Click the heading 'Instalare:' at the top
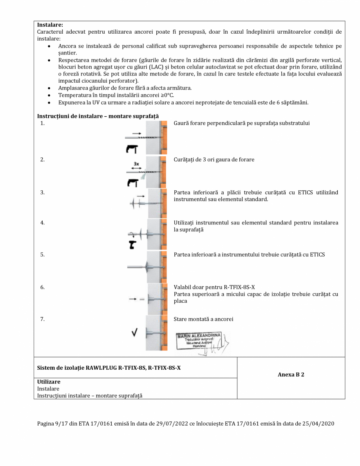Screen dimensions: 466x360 click(50, 25)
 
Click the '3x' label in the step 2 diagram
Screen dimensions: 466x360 click(136, 164)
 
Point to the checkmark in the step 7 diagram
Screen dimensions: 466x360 click(136, 333)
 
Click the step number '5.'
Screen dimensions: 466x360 click(42, 255)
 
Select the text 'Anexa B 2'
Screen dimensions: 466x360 click(291, 375)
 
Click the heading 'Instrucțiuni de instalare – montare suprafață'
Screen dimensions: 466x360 click(98, 116)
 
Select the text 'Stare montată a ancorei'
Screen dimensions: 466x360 click(203, 319)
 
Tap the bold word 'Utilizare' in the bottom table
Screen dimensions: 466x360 click(49, 381)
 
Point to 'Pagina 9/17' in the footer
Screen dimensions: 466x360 click(51, 424)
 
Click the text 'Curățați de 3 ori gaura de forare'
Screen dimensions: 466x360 click(214, 159)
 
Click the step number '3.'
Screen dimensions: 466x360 click(42, 192)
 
